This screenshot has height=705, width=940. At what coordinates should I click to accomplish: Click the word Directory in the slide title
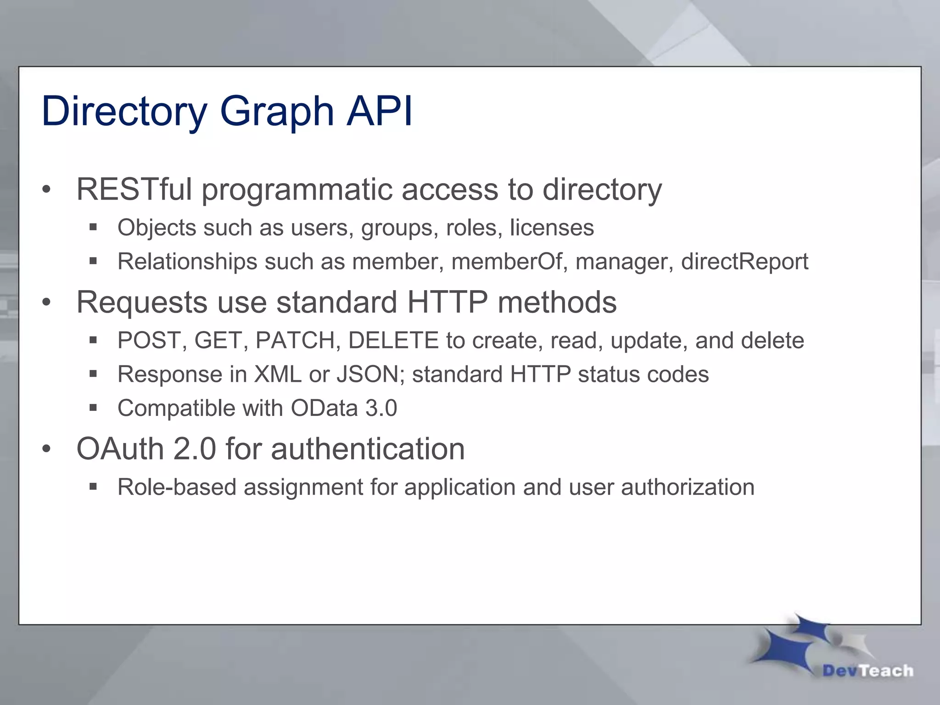(124, 112)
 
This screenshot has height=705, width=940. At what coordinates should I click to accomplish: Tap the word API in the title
(380, 111)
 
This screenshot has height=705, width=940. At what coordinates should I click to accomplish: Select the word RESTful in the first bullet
(134, 189)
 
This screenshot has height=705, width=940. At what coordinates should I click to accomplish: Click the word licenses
(552, 228)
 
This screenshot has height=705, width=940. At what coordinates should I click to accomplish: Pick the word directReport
(744, 262)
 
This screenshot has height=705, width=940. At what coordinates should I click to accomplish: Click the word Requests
(142, 303)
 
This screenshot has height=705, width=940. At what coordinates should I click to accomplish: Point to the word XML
(278, 375)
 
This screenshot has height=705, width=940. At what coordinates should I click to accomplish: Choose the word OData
(324, 408)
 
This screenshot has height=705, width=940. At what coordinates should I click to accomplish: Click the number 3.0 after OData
(381, 408)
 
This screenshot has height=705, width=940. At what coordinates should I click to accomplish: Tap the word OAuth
(120, 449)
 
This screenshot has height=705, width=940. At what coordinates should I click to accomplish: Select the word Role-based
(177, 487)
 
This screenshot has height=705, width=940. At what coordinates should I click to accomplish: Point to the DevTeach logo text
(868, 671)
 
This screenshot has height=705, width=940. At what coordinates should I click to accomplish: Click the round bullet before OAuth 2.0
(46, 449)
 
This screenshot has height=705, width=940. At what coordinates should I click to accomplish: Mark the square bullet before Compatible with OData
(93, 408)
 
